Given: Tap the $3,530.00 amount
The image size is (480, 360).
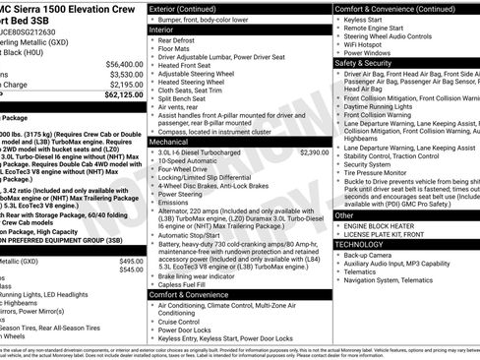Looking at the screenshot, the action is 126,74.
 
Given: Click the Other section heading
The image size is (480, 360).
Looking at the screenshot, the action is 344,214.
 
